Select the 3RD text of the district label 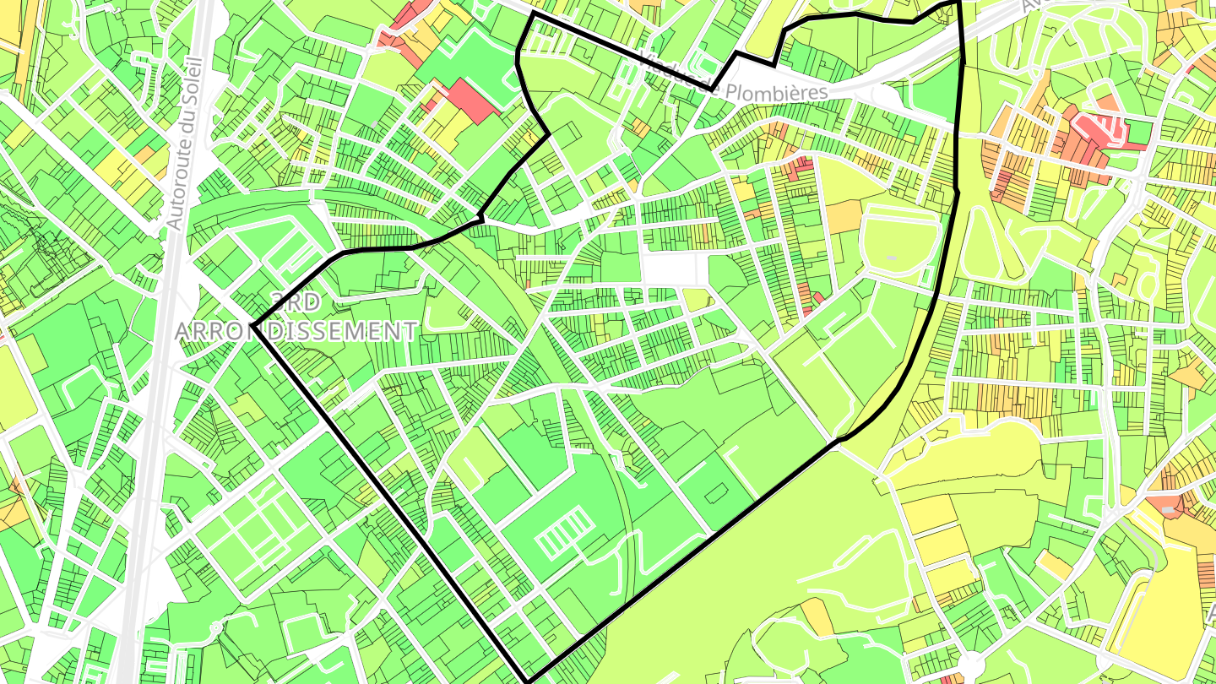coord(296,301)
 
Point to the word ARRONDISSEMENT coord(296,331)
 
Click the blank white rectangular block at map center coord(674,270)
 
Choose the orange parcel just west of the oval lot coord(844,217)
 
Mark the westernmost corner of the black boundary coord(252,325)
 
